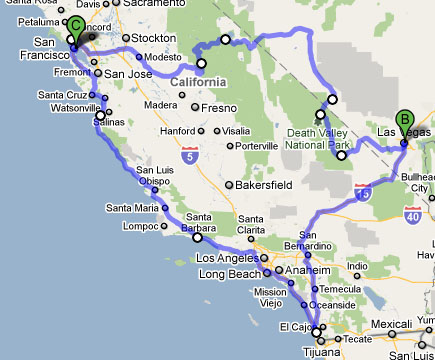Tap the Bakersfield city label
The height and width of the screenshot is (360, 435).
(x=266, y=185)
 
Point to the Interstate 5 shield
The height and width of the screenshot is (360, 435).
(x=190, y=155)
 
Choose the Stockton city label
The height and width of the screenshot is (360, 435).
(x=153, y=38)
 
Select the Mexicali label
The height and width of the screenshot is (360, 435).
(x=395, y=325)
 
